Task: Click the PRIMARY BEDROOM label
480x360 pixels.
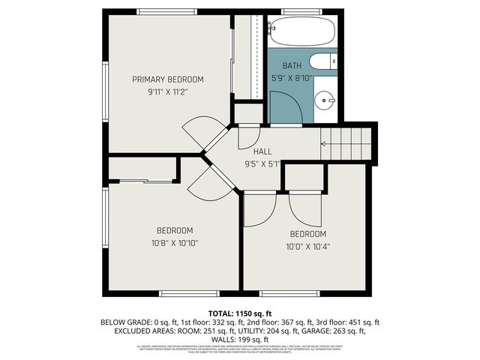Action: point(168,79)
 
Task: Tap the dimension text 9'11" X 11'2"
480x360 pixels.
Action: point(168,92)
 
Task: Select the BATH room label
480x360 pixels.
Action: point(292,65)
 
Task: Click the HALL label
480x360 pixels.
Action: point(262,151)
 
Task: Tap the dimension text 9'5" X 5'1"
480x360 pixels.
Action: point(262,163)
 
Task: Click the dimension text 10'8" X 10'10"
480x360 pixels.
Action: point(175,243)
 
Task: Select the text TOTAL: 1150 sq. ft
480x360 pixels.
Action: point(240,312)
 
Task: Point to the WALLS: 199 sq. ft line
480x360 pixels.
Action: point(240,339)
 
